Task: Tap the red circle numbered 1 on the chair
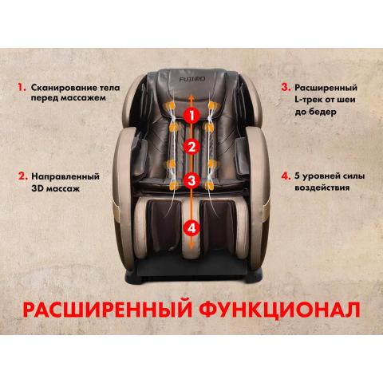point(191,115)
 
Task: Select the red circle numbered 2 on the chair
point(191,147)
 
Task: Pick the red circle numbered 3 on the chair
point(191,180)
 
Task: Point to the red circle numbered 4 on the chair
point(191,227)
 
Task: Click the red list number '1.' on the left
point(22,84)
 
